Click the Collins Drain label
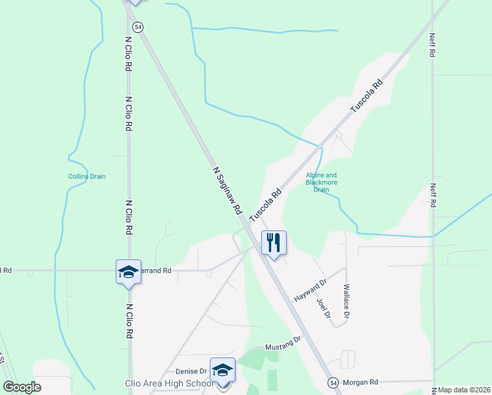pos(87,176)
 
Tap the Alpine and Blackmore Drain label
pos(321,182)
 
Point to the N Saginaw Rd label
pos(227,190)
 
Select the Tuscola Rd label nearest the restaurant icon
pos(266,205)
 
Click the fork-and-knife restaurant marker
pos(274,242)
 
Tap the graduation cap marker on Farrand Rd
pos(128,272)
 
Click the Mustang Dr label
pos(282,344)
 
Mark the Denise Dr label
pos(191,371)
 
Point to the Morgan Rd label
pos(360,382)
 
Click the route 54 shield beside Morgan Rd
pos(333,382)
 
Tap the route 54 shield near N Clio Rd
pos(137,27)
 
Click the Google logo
pos(22,387)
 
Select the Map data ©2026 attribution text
pos(464,390)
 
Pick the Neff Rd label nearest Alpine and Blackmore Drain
pos(433,196)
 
